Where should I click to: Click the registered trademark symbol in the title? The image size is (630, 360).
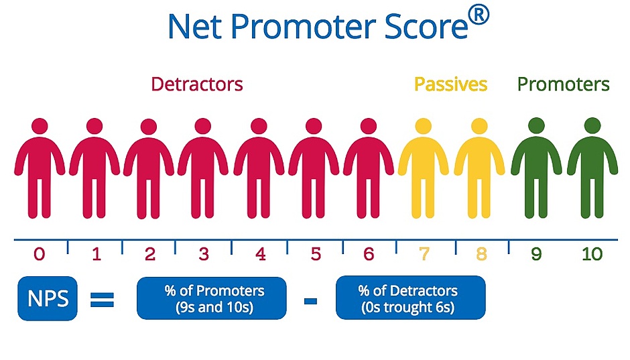point(479,17)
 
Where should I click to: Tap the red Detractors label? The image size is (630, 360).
point(197,84)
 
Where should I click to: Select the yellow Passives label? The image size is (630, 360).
point(450,84)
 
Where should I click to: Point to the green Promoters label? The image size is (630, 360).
point(563,84)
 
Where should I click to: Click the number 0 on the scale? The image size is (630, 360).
point(40,254)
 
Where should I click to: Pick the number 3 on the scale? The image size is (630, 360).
point(204,254)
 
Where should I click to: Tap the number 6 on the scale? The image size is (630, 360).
point(369,254)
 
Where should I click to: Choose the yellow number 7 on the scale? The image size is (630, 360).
point(424,254)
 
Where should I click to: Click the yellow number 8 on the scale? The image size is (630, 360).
point(482,254)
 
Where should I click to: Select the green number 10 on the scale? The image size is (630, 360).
point(592,254)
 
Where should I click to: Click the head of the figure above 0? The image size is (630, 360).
point(40,126)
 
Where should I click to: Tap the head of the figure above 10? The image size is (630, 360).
point(592,126)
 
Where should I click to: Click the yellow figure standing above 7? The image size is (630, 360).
point(424,168)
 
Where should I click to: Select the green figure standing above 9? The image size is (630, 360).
point(536,168)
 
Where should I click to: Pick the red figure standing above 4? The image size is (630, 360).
point(259,168)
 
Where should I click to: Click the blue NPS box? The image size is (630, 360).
point(48,298)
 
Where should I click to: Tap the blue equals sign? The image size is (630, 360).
point(102,300)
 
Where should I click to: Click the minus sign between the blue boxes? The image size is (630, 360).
point(310,300)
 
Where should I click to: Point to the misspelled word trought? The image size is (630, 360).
point(407,307)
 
